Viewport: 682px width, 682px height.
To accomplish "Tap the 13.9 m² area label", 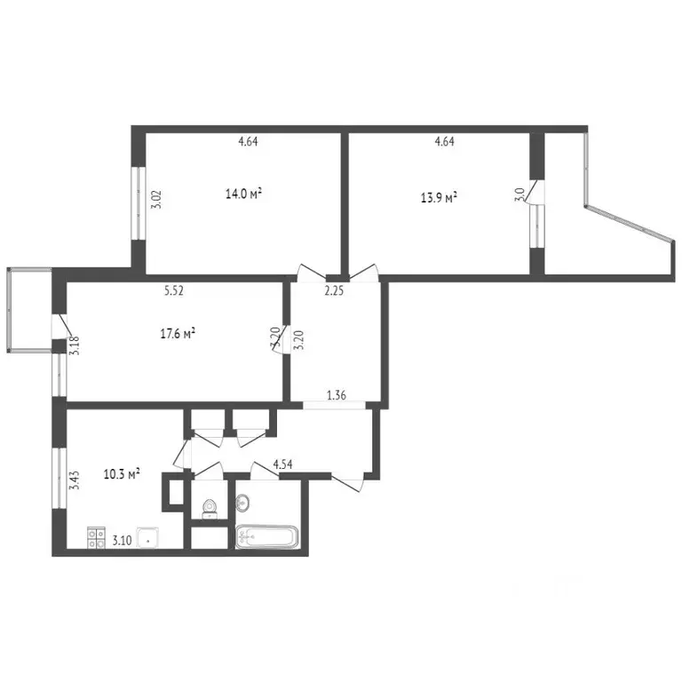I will coord(439,198).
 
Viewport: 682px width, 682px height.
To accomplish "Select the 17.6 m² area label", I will coord(177,333).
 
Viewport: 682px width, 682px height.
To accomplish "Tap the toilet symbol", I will coord(209,508).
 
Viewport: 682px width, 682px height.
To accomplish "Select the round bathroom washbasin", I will coord(242,504).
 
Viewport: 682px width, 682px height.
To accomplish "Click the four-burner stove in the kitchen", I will coord(96,537).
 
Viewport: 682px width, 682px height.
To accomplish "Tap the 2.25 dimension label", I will coord(334,290).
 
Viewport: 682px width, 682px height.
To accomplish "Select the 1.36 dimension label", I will coord(337,397).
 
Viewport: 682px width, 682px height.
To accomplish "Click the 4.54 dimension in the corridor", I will coord(283,464).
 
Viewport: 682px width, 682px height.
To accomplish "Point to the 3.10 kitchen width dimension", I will coord(122,539).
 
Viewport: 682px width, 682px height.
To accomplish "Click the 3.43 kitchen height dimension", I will coord(75,480).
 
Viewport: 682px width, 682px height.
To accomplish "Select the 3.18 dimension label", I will coord(75,344).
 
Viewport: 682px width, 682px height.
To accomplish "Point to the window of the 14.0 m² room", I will coord(139,202).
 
